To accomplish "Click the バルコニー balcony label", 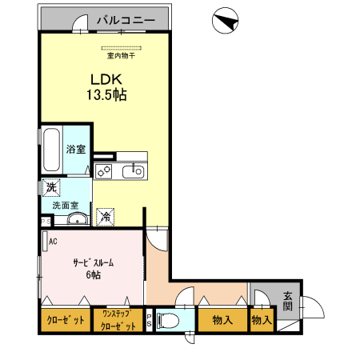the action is (x=126, y=20).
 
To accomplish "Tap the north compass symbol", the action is (x=225, y=21).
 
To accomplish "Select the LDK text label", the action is (x=106, y=79).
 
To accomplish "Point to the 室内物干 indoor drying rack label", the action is (x=121, y=56).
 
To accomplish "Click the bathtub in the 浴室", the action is (x=51, y=150).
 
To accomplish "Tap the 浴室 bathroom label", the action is (x=76, y=149).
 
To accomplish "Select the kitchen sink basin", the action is (x=134, y=171).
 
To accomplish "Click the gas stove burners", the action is (x=103, y=171).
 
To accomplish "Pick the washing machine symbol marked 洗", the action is (x=51, y=187).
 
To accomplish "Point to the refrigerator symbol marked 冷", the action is (x=106, y=217).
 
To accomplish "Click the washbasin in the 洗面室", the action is (x=78, y=220).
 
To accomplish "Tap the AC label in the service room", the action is (x=53, y=242).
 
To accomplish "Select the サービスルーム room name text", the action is (x=94, y=262).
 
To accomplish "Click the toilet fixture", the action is (x=168, y=320).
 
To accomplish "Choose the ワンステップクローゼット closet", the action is (x=118, y=320).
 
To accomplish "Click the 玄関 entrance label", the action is (x=288, y=302).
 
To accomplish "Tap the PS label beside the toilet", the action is (x=149, y=320).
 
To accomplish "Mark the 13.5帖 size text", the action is (x=106, y=94).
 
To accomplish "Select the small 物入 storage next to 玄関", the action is (x=262, y=320).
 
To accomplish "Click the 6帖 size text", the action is (x=94, y=274).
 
